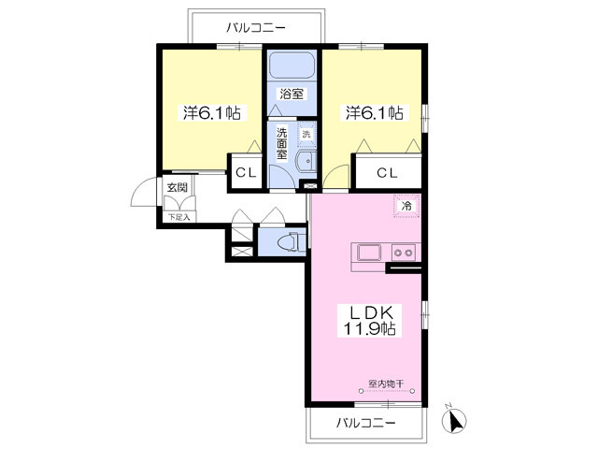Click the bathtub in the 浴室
(292, 65)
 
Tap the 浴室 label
(292, 94)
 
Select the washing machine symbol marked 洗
(306, 134)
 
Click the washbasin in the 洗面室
(306, 162)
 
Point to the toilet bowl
(289, 242)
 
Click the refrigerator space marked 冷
(406, 206)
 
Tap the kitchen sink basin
(369, 253)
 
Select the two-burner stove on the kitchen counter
(404, 253)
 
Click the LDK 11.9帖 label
(370, 321)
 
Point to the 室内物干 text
(386, 384)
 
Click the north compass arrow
(454, 419)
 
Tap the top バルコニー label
(256, 27)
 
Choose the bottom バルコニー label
(365, 423)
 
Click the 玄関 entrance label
(178, 187)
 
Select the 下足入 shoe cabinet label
(178, 218)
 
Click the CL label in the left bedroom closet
(246, 173)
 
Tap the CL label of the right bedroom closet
(387, 173)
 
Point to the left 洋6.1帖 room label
(212, 113)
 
